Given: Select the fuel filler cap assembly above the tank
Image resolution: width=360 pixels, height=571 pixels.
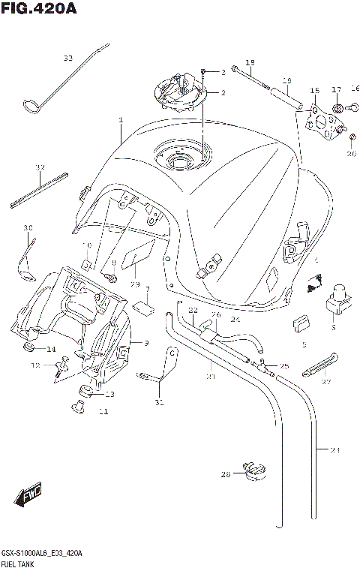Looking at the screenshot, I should (180, 93).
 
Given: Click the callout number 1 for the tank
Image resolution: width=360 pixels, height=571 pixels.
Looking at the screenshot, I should (120, 120).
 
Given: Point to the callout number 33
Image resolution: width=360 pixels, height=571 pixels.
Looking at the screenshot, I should (68, 58).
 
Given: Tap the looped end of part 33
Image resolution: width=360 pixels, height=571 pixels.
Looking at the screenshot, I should (32, 107).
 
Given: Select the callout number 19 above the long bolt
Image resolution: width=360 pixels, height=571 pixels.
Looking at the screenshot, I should (250, 62).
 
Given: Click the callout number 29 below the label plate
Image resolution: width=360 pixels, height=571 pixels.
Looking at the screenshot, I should (135, 284).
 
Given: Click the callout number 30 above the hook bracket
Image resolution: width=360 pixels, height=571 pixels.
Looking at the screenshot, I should (28, 228).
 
